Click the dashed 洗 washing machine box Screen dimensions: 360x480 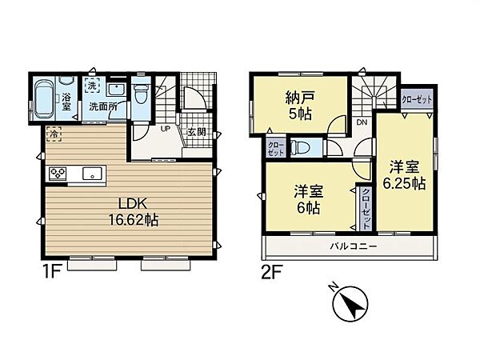coord(92,86)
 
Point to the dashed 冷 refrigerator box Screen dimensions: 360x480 coord(53,134)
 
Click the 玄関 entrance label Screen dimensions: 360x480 coord(196,132)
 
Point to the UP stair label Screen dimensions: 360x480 coord(165,129)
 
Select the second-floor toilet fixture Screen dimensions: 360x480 coord(302,147)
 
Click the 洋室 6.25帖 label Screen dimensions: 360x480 coord(407,175)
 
